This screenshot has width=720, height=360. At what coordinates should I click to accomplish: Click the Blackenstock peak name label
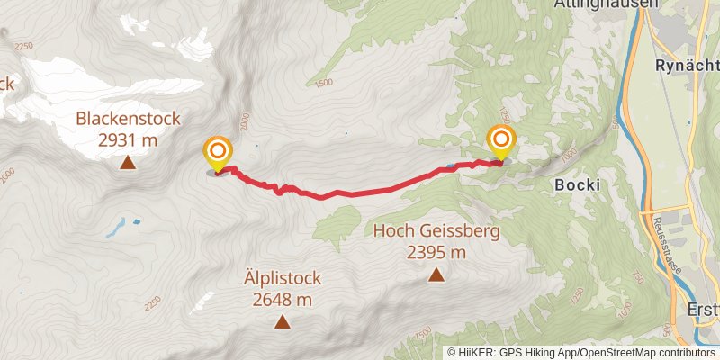(128, 118)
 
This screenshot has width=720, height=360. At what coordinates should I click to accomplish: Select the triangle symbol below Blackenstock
(128, 163)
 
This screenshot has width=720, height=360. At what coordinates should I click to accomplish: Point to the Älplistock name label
(282, 278)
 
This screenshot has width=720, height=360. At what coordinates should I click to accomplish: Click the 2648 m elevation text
(282, 299)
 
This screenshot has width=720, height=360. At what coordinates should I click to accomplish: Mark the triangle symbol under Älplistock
(282, 322)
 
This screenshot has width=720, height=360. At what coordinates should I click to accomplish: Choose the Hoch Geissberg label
(436, 231)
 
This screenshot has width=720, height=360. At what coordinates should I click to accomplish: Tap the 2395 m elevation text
(436, 252)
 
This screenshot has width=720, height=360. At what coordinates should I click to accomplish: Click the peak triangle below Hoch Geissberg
(436, 275)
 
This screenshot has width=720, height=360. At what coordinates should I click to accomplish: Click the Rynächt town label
(686, 67)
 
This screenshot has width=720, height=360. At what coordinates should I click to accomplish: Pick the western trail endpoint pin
(218, 153)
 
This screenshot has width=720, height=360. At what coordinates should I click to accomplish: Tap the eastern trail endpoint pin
(501, 142)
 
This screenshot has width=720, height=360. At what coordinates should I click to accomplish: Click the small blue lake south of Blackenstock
(117, 229)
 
